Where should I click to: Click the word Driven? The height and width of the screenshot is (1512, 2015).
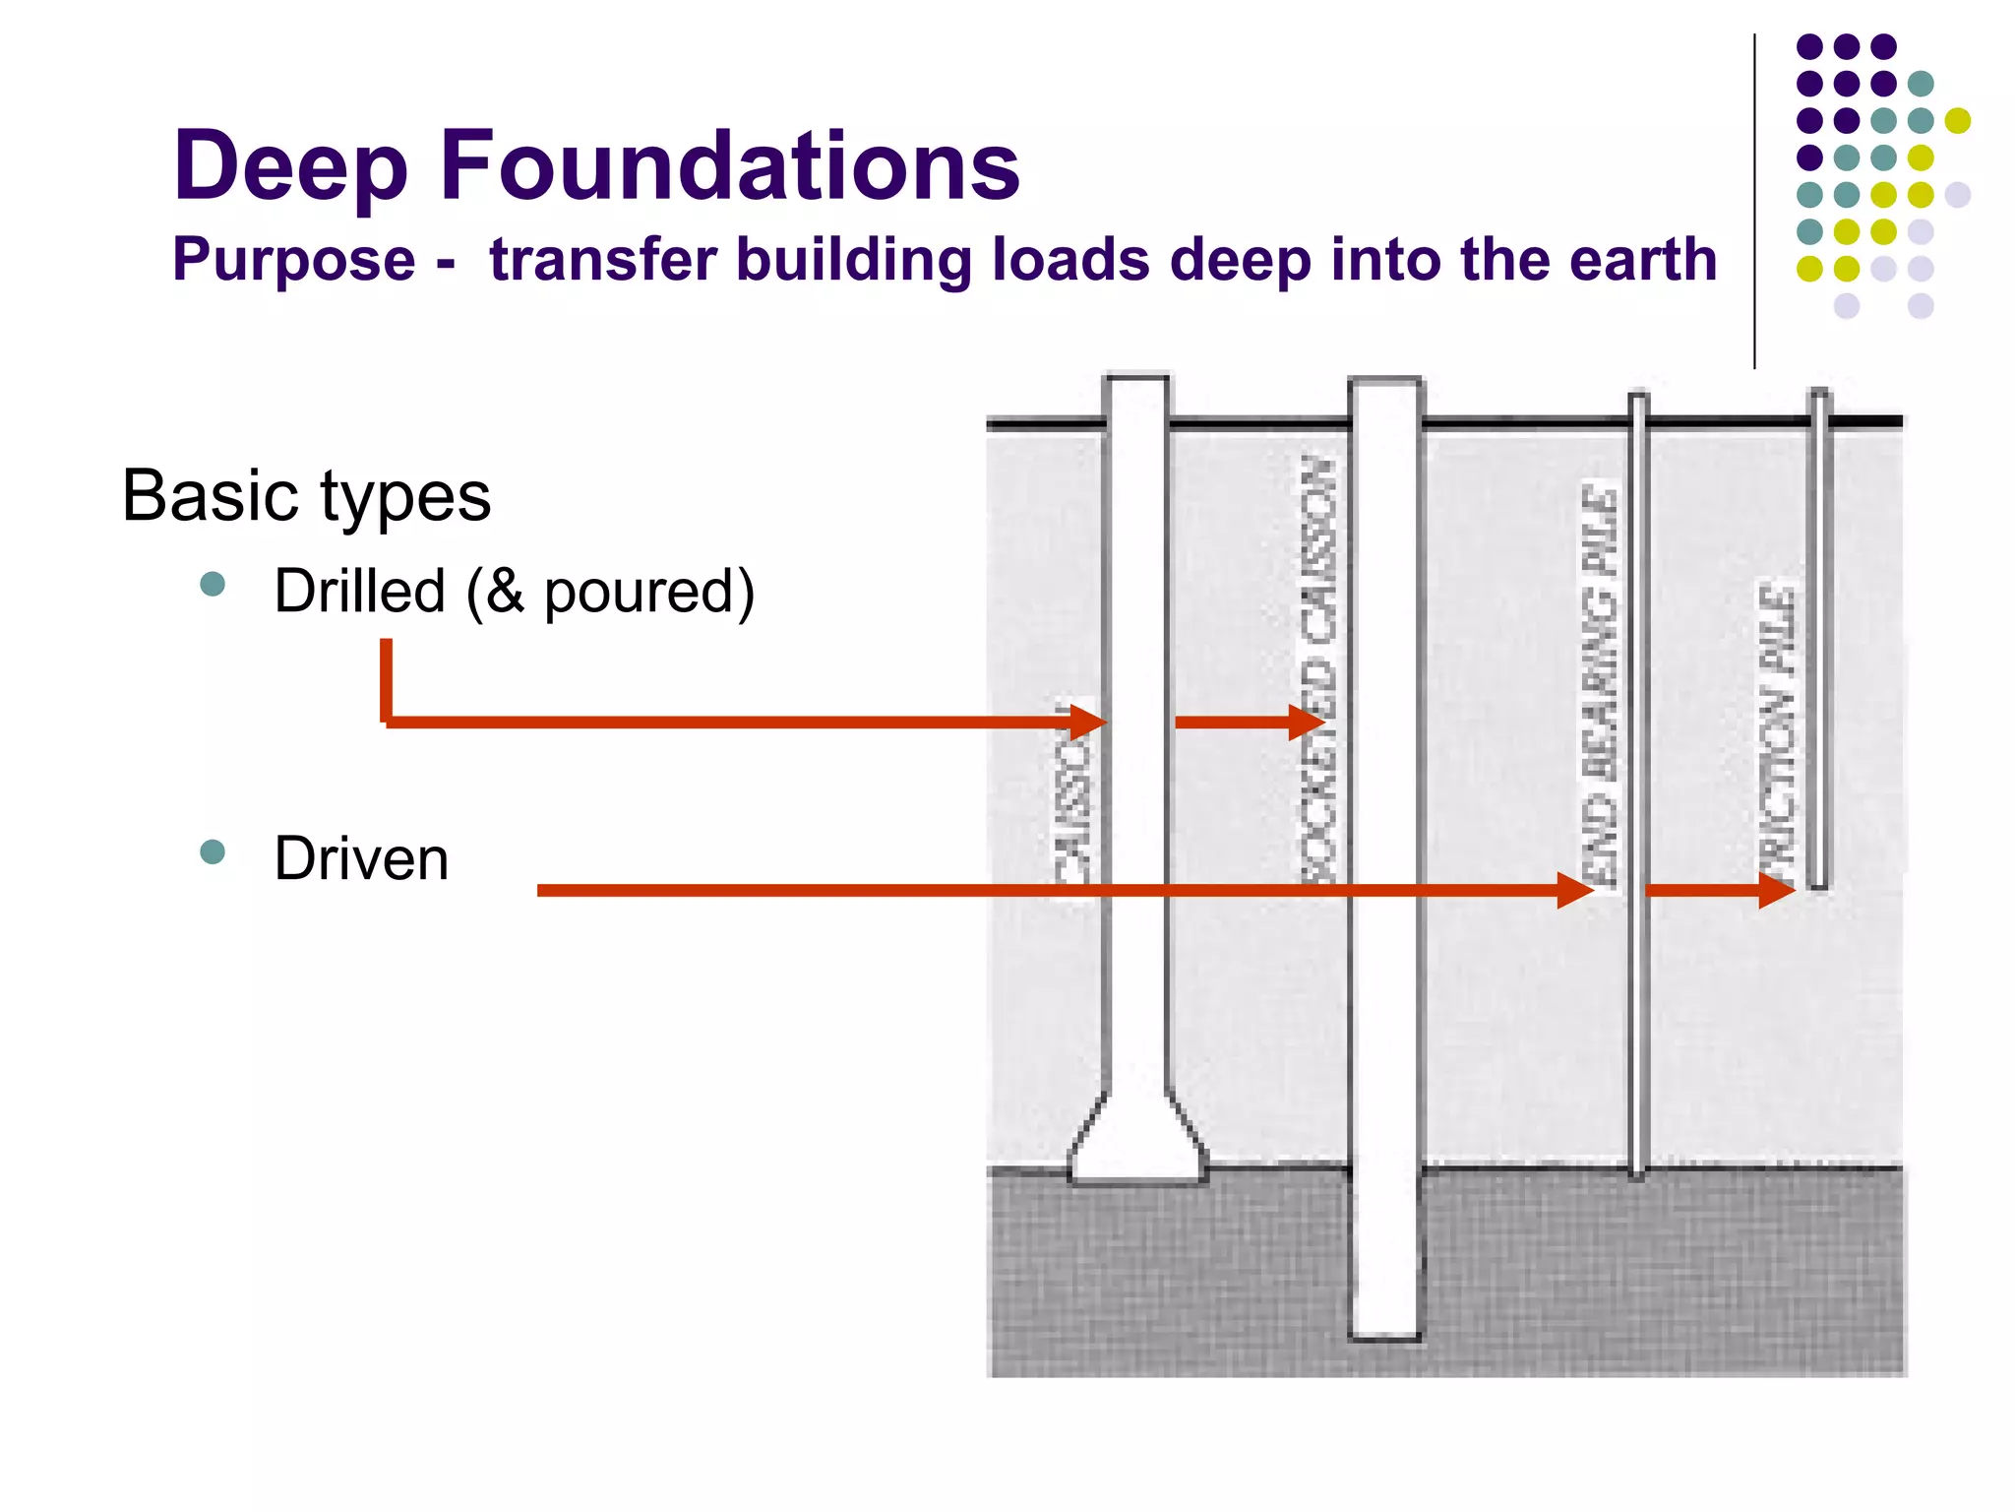point(361,858)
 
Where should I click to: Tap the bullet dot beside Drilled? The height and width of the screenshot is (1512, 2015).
point(213,585)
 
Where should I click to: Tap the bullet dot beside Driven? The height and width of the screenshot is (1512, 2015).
point(213,851)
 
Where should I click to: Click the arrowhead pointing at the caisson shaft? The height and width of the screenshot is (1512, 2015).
point(1088,722)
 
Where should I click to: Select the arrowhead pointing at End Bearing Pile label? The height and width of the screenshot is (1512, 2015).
point(1575,890)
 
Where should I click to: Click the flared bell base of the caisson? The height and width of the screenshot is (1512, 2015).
point(1138,1147)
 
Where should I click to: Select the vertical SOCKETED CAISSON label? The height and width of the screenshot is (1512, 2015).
point(1318,669)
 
